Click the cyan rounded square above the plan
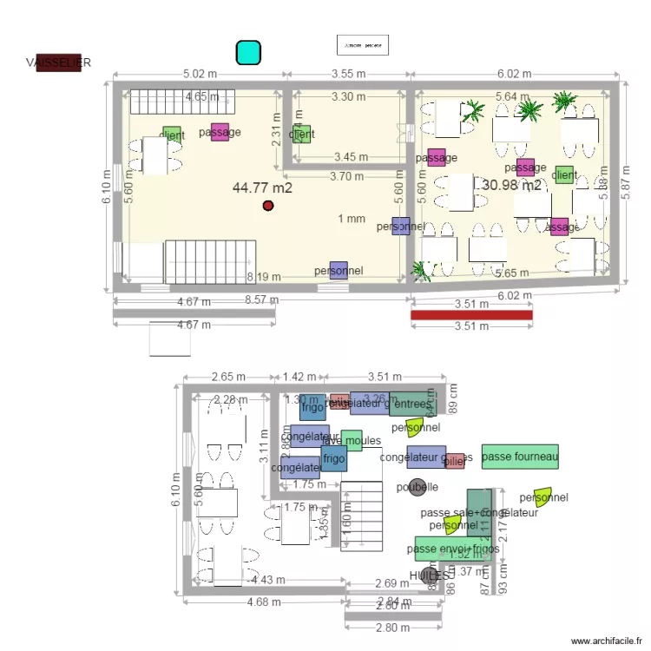[248, 52]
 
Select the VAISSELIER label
[58, 62]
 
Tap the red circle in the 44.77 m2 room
[268, 206]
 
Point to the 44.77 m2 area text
[262, 187]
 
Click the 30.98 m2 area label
[512, 185]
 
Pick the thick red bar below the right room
[471, 315]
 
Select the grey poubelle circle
[418, 487]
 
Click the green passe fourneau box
[520, 457]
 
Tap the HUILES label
[431, 575]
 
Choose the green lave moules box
[352, 440]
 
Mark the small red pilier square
[455, 461]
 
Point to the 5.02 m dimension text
[199, 75]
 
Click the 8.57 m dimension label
[261, 300]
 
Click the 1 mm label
[352, 219]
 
